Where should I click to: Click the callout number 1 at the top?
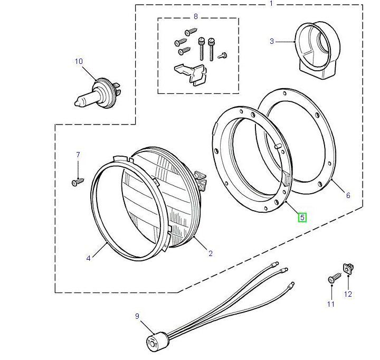[x=272, y=4]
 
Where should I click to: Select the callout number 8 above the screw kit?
[x=195, y=16]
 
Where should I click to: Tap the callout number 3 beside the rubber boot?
[x=272, y=41]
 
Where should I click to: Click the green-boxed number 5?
[x=302, y=217]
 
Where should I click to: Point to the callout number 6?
[x=348, y=195]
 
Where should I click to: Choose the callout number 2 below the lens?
[x=210, y=253]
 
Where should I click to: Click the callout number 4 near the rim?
[x=89, y=258]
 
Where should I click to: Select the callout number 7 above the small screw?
[x=78, y=155]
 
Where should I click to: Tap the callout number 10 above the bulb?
[x=79, y=62]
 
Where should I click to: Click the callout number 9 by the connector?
[x=137, y=316]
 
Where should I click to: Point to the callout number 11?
[x=330, y=304]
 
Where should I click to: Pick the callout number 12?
[x=348, y=294]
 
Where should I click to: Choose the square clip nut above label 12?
[x=348, y=268]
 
